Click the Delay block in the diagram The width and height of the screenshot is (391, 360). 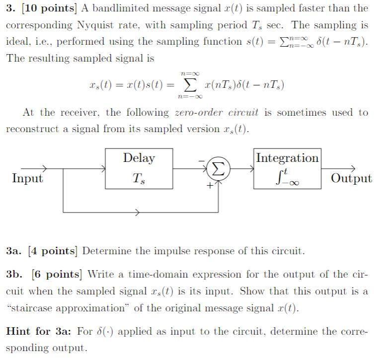[x=139, y=168]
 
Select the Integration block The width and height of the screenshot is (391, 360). [x=287, y=168]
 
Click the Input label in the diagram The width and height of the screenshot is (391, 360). [x=27, y=178]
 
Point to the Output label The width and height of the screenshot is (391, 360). [x=351, y=178]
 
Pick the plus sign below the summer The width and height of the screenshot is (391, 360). [x=210, y=186]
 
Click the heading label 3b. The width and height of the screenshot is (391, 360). [x=14, y=274]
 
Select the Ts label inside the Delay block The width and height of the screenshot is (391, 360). [x=139, y=179]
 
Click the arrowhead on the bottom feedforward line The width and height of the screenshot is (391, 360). [x=138, y=212]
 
